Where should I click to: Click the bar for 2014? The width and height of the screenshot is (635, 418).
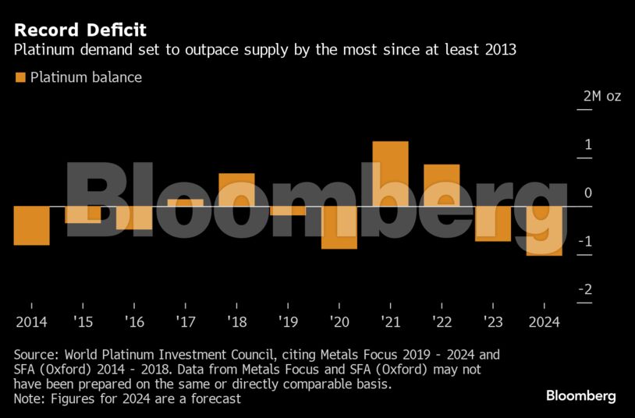(31, 225)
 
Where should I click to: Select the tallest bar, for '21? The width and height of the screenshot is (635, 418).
(391, 173)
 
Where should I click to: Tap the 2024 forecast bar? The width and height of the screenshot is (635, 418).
(544, 231)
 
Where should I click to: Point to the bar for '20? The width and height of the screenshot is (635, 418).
(339, 228)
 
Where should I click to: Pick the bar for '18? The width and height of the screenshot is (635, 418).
(236, 190)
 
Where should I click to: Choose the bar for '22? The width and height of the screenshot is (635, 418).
(442, 185)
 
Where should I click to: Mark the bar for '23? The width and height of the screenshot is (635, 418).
(493, 224)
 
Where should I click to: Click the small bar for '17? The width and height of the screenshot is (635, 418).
(185, 202)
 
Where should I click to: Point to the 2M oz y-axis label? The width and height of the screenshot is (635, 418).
(601, 97)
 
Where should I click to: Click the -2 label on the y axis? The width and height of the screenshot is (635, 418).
(584, 290)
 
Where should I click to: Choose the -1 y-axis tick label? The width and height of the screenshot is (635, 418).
(584, 242)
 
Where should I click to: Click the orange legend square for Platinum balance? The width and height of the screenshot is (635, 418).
(20, 77)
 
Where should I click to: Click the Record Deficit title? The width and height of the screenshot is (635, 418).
(80, 30)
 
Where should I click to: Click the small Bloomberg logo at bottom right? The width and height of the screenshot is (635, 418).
(580, 396)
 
